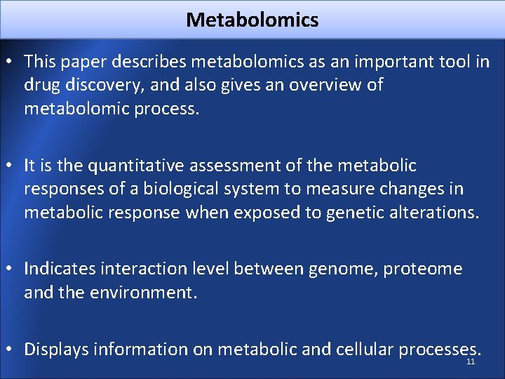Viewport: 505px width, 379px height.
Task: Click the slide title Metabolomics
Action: tap(252, 20)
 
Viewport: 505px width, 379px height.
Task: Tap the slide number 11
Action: tap(471, 362)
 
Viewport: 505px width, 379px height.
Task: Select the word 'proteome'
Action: tap(432, 269)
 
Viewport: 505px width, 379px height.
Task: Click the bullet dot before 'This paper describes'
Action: tap(11, 62)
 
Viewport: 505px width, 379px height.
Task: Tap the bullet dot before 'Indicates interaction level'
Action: tap(11, 270)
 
